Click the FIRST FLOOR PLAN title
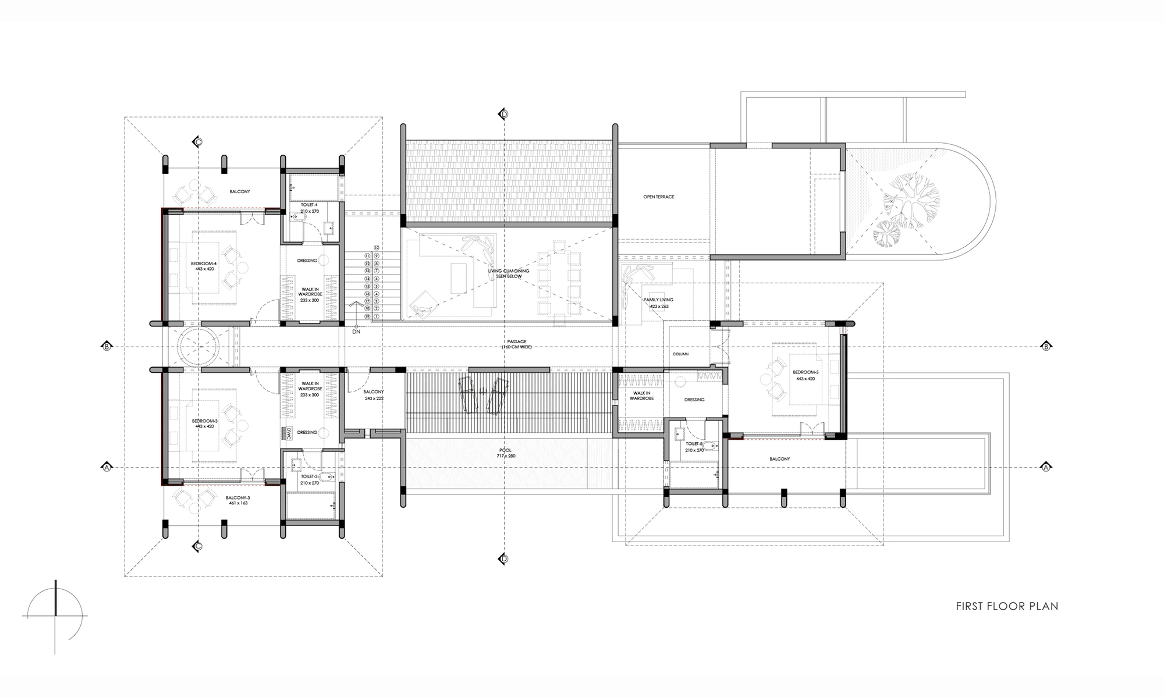[x=1007, y=606]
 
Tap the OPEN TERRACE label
[x=659, y=197]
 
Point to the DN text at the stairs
[x=356, y=332]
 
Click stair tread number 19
[x=367, y=316]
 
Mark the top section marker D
[x=504, y=113]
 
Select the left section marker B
[x=107, y=347]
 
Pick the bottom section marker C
[x=198, y=546]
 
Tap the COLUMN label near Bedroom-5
[x=680, y=354]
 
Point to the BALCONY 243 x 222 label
[x=374, y=395]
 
